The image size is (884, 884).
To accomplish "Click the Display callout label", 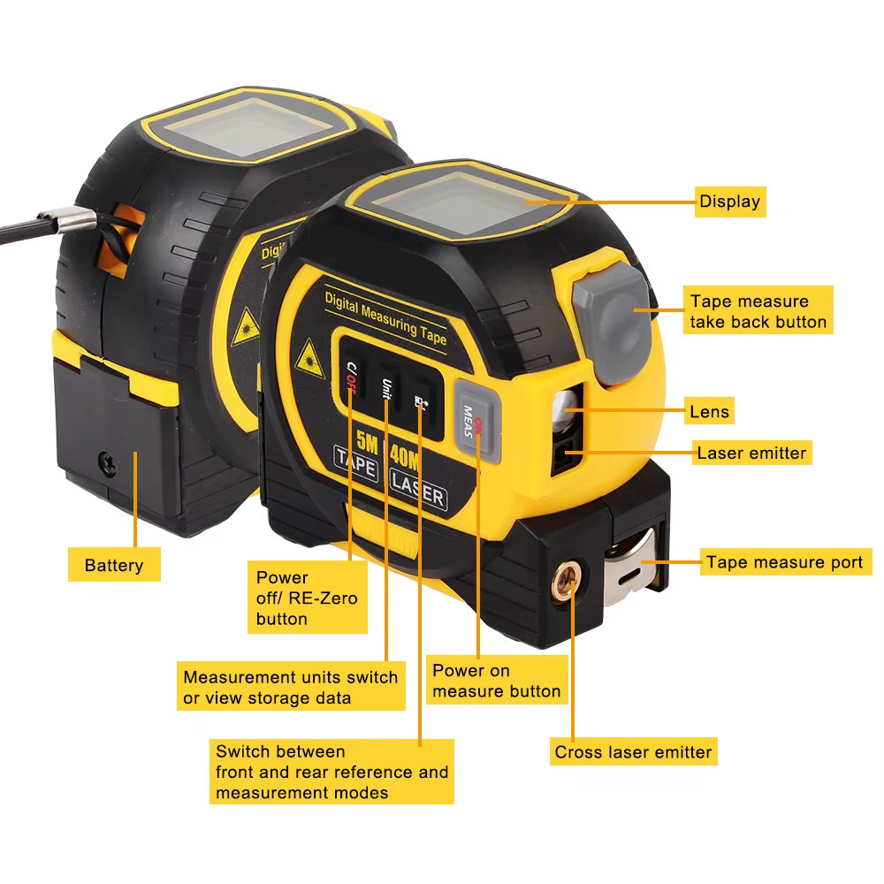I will pyautogui.click(x=729, y=202).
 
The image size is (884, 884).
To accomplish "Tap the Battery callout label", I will pyautogui.click(x=114, y=565).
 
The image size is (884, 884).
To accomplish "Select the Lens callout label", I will pyautogui.click(x=710, y=411).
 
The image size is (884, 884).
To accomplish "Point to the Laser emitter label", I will pyautogui.click(x=751, y=453).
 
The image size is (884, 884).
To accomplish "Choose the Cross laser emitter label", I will pyautogui.click(x=633, y=752).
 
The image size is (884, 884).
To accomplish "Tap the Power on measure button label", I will pyautogui.click(x=497, y=681).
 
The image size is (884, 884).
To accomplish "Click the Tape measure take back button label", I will pyautogui.click(x=758, y=311).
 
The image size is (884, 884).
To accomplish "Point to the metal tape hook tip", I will pyautogui.click(x=635, y=566).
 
